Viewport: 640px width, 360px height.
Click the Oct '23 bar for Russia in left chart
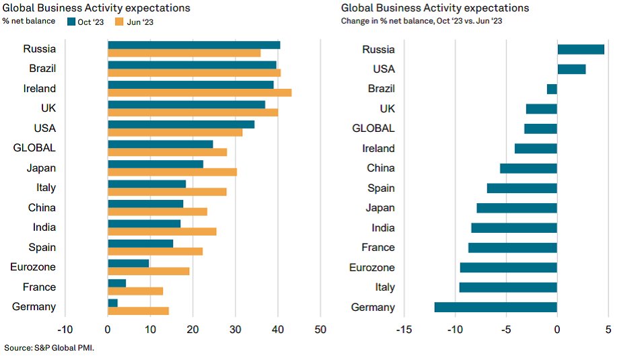(x=194, y=45)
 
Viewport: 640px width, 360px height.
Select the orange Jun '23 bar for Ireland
(x=199, y=92)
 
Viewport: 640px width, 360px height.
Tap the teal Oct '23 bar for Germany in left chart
(x=112, y=303)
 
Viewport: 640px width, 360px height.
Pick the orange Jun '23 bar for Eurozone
(x=148, y=271)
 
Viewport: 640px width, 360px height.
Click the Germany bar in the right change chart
(x=495, y=308)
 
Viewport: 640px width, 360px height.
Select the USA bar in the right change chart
(x=571, y=69)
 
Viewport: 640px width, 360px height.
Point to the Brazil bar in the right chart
(x=552, y=89)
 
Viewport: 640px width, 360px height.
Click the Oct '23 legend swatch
(x=72, y=22)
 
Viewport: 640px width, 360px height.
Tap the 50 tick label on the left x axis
(x=320, y=330)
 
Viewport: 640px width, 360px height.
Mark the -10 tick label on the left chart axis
(x=65, y=330)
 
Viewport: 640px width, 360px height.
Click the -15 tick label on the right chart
(x=404, y=330)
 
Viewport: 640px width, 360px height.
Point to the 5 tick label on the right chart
(x=608, y=330)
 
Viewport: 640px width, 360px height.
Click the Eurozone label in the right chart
(x=371, y=268)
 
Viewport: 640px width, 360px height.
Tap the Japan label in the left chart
(x=41, y=168)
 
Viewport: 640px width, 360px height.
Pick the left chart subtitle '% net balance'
(x=30, y=21)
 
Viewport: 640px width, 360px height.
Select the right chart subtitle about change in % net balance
(x=422, y=21)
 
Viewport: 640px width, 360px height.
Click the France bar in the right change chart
(x=513, y=248)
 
